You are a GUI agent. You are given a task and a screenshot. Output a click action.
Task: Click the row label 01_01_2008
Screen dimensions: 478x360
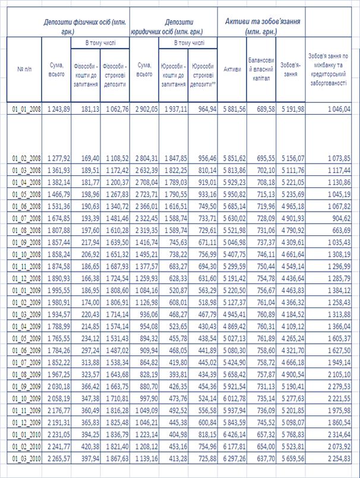pos(25,109)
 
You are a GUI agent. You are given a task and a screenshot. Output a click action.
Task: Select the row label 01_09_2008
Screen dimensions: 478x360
pos(25,243)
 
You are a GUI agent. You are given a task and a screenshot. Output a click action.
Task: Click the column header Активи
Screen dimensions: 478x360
pos(232,70)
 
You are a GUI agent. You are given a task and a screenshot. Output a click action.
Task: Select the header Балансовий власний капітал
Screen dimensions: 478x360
pos(261,70)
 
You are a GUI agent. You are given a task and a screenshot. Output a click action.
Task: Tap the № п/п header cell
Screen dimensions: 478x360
pos(21,70)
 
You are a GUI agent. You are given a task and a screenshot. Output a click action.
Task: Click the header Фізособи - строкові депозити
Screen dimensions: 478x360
pos(115,76)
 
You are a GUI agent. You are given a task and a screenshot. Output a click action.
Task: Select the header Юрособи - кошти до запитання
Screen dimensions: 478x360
pos(173,76)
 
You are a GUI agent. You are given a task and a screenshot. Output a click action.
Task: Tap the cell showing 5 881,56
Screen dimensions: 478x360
pos(232,109)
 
